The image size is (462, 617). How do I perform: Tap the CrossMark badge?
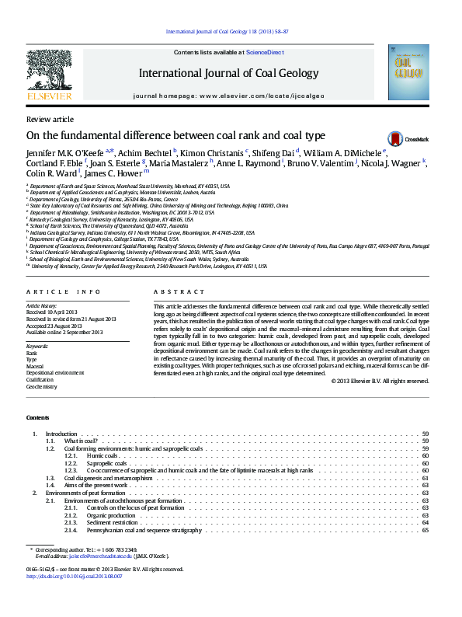pos(397,138)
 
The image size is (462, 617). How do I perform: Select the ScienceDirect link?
pos(265,52)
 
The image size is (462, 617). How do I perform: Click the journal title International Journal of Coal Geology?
pos(228,73)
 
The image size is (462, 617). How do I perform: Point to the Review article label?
pos(50,119)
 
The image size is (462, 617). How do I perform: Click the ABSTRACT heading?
pos(172,291)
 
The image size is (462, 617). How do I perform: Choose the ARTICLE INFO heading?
pos(64,291)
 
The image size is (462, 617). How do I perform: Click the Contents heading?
pos(37,417)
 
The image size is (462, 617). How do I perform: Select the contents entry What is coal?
pos(79,441)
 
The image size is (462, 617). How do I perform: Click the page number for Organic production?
pos(426,515)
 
